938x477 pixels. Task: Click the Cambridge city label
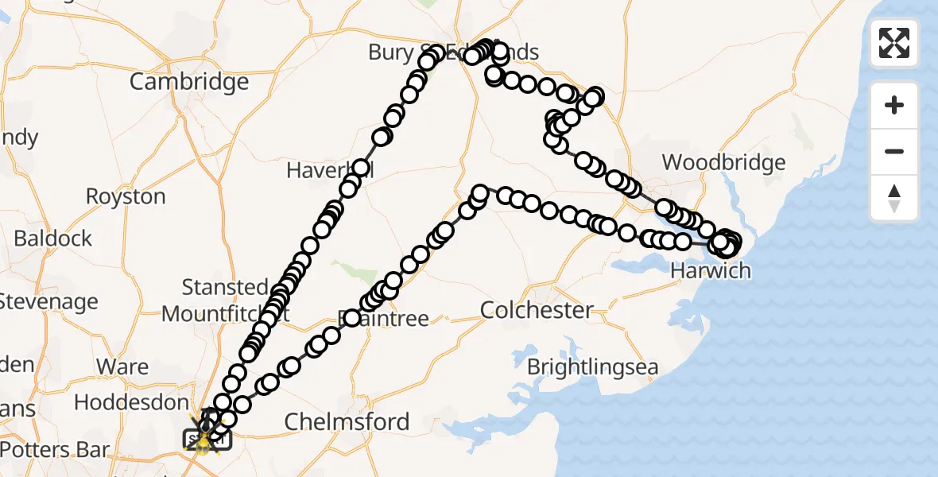(188, 82)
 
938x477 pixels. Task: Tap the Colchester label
(537, 310)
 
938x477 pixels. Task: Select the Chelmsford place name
(347, 422)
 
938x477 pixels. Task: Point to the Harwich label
(710, 271)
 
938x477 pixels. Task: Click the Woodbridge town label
(723, 163)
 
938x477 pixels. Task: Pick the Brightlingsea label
(593, 367)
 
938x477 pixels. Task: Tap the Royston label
(126, 197)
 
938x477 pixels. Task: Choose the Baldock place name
(52, 238)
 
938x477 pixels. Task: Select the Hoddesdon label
(131, 403)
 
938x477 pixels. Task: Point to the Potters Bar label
(54, 450)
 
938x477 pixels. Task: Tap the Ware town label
(122, 366)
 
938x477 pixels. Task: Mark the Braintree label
(384, 320)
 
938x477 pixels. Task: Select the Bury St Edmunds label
(453, 53)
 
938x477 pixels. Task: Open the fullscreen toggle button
(894, 43)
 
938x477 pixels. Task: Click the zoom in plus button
(894, 105)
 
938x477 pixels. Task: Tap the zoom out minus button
(894, 151)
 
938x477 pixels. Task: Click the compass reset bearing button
(894, 197)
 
